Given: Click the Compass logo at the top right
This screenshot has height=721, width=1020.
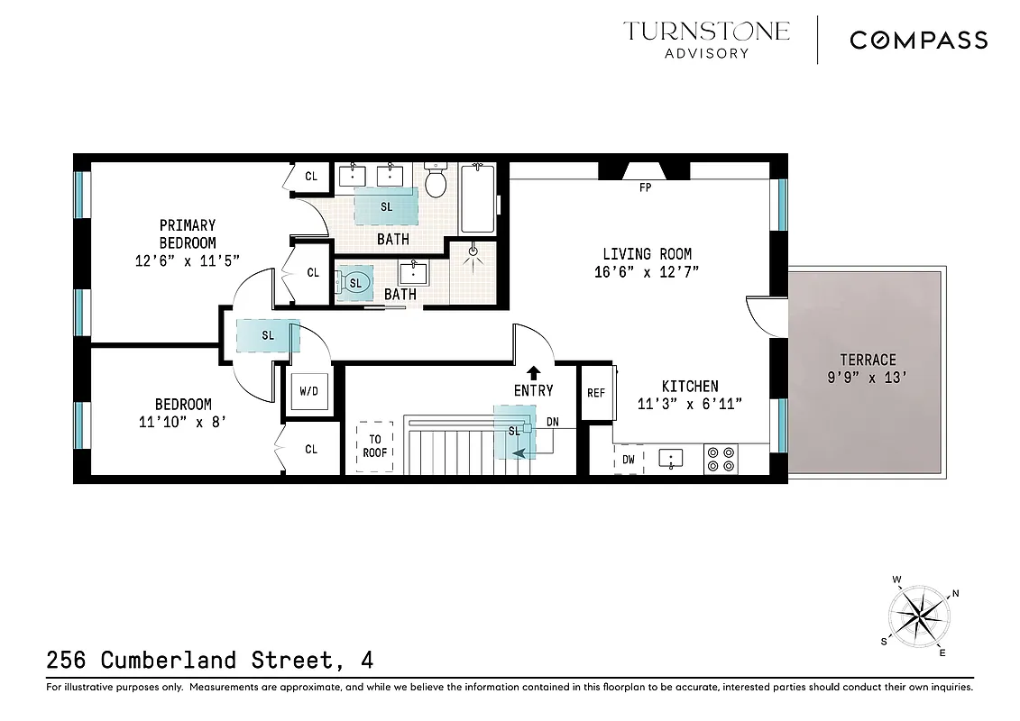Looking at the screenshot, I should tap(918, 40).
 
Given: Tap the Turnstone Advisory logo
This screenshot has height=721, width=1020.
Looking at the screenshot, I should tap(706, 39).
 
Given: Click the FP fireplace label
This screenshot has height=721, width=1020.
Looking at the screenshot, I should tap(645, 188).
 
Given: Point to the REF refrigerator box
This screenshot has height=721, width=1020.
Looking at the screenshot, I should tap(595, 393).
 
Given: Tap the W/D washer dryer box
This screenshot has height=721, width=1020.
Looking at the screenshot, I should tap(308, 392).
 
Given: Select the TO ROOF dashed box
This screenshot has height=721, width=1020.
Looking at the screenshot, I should tap(374, 446).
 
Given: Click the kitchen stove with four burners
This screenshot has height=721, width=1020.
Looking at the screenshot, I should tap(721, 459).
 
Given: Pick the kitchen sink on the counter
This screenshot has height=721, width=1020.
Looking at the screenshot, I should tap(671, 459).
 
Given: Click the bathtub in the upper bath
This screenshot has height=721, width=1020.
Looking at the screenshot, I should tap(477, 198).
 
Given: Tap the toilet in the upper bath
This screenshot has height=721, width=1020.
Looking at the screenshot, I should tap(436, 180).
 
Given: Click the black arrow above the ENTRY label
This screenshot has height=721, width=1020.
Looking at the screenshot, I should tap(533, 371).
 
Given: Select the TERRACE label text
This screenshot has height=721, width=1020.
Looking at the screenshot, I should tap(868, 359).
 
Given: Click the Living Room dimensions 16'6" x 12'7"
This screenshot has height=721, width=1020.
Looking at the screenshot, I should tap(646, 271).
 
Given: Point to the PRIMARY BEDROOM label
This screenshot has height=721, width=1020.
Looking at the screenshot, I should tap(188, 233).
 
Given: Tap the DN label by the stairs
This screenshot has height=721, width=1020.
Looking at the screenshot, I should tap(552, 421).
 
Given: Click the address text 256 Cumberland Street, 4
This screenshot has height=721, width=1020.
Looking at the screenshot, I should tap(209, 660).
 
